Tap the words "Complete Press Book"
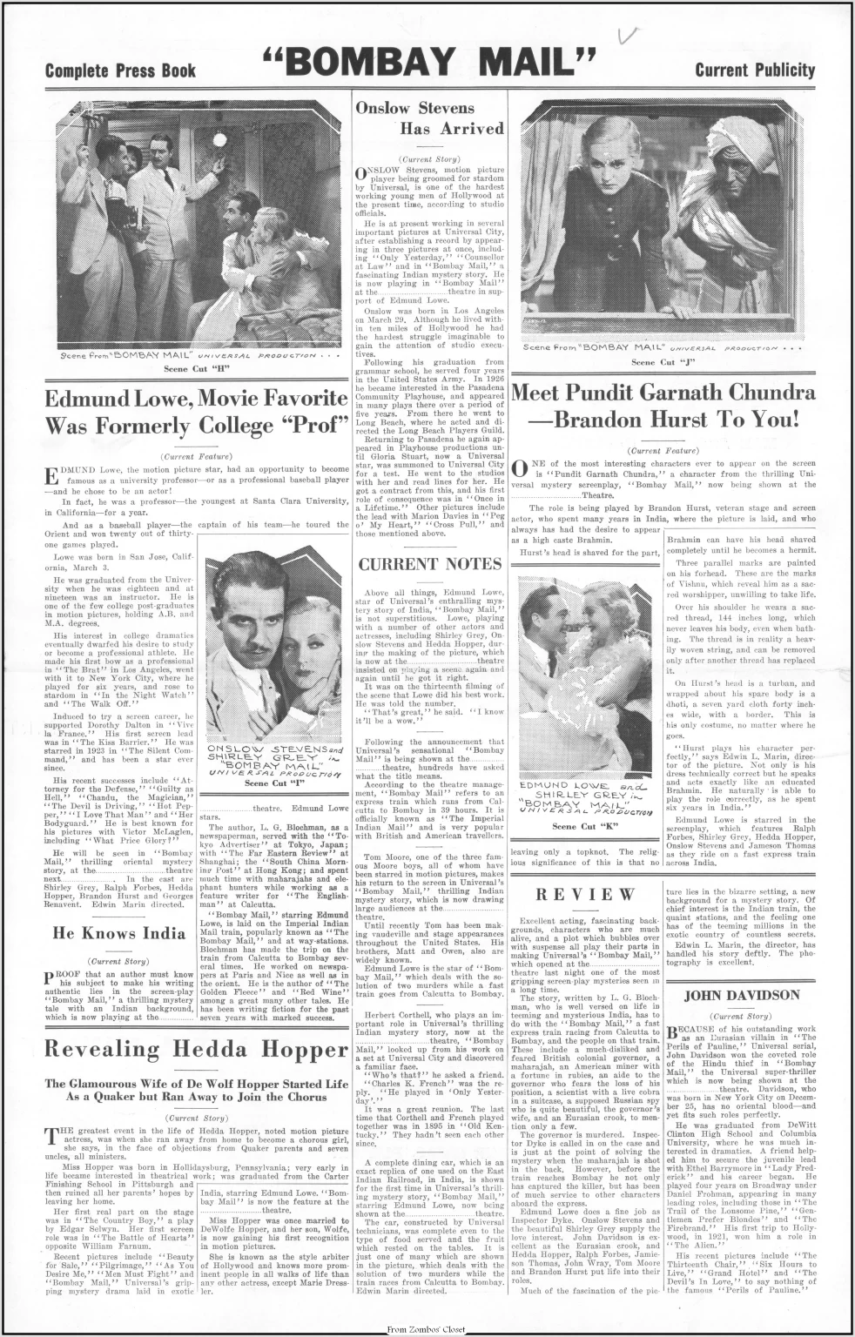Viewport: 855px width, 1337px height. pos(120,71)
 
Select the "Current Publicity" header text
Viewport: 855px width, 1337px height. pos(755,71)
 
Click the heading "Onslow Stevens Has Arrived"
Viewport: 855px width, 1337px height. pos(429,118)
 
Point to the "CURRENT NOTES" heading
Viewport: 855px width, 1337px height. pos(429,564)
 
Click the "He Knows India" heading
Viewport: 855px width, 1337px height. pos(119,933)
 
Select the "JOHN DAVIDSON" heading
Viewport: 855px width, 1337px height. pos(741,995)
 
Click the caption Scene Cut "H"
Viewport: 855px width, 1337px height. pos(196,369)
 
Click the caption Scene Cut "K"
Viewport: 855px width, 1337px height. pos(583,826)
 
